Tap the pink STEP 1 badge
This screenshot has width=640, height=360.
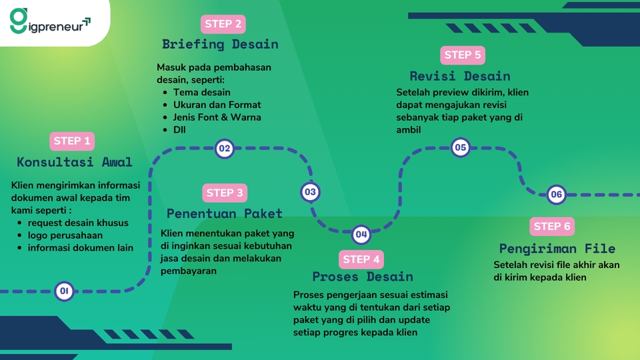click(x=72, y=141)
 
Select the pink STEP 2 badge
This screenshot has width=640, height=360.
click(x=223, y=24)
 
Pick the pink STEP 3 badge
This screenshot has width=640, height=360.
click(x=225, y=193)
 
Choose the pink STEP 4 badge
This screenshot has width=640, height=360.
click(x=361, y=259)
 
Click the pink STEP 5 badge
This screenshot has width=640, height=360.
click(x=463, y=55)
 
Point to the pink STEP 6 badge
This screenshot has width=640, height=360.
click(x=552, y=227)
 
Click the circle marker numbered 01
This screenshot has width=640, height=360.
click(x=65, y=291)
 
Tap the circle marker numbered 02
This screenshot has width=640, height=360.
click(x=224, y=149)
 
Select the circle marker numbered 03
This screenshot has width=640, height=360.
click(x=310, y=193)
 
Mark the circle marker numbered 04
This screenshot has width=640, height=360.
click(x=361, y=234)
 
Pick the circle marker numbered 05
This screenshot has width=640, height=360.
click(x=460, y=147)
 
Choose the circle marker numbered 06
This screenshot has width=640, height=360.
click(x=557, y=195)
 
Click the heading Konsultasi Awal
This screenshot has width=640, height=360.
click(x=75, y=162)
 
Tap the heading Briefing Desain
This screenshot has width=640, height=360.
click(x=220, y=45)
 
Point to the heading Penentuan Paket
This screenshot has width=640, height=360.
click(x=225, y=214)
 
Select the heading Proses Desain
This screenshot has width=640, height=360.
click(x=363, y=277)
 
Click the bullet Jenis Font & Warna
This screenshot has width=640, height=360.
click(x=217, y=117)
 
